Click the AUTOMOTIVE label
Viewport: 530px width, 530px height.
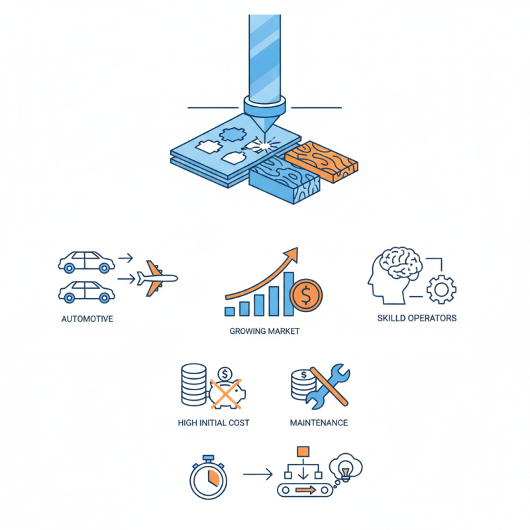pyautogui.click(x=87, y=319)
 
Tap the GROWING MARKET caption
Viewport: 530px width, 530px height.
pyautogui.click(x=264, y=331)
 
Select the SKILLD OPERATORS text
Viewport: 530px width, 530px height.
pyautogui.click(x=417, y=318)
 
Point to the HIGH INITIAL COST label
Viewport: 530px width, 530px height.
pyautogui.click(x=213, y=423)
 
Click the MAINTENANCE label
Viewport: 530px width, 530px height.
pyautogui.click(x=319, y=423)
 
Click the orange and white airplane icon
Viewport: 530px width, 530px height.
pyautogui.click(x=157, y=278)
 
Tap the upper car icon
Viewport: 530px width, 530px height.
pyautogui.click(x=86, y=262)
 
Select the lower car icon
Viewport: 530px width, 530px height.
pyautogui.click(x=86, y=291)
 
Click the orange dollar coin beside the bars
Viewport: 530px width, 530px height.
pyautogui.click(x=306, y=295)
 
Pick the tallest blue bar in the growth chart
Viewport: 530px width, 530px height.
pyautogui.click(x=288, y=294)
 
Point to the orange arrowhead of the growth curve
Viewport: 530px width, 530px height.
pyautogui.click(x=291, y=254)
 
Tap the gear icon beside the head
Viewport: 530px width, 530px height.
pyautogui.click(x=441, y=290)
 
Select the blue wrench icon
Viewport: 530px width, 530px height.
pyautogui.click(x=327, y=386)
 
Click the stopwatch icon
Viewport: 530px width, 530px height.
pyautogui.click(x=208, y=477)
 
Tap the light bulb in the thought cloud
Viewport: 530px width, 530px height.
pyautogui.click(x=345, y=471)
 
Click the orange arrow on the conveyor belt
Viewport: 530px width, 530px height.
pyautogui.click(x=305, y=490)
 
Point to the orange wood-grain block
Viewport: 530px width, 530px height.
pyautogui.click(x=321, y=162)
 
